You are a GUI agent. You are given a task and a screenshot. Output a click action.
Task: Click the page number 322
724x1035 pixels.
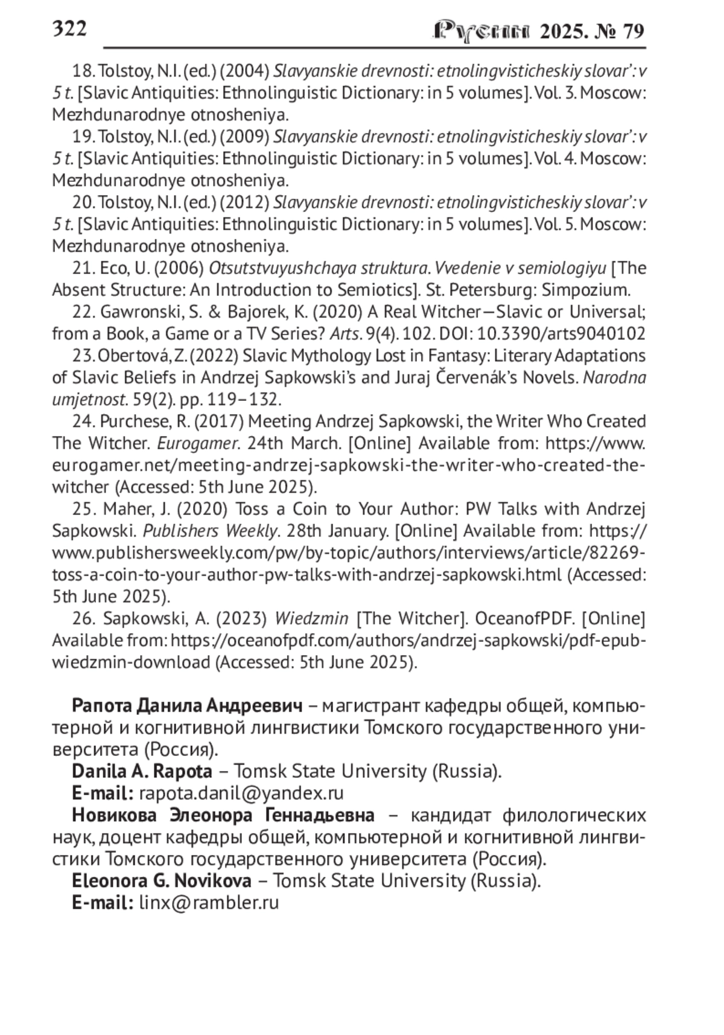(69, 28)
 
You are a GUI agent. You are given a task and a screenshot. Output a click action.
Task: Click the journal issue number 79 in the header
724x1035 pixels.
(632, 31)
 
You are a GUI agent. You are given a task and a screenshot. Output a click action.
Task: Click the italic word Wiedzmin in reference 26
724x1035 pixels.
(311, 618)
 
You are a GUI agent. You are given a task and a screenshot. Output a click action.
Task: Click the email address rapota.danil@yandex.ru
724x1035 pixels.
(241, 793)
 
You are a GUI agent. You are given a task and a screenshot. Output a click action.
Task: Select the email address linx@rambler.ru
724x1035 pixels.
(209, 903)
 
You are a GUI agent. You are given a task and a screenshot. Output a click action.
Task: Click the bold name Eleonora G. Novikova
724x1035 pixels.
(162, 881)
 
